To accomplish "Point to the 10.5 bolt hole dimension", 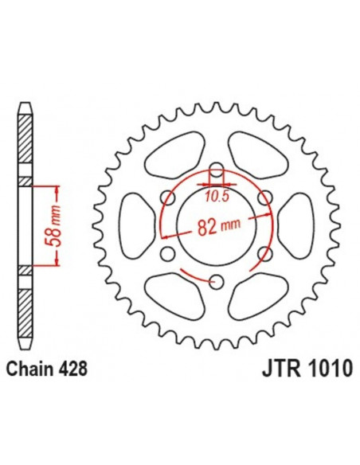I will tap(217, 191).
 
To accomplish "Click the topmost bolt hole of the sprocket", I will tap(216, 169).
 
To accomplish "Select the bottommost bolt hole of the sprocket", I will tap(216, 279).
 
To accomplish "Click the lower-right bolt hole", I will tap(264, 252).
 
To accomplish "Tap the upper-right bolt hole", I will tap(264, 197).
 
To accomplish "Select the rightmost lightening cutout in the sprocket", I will tap(296, 225).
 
